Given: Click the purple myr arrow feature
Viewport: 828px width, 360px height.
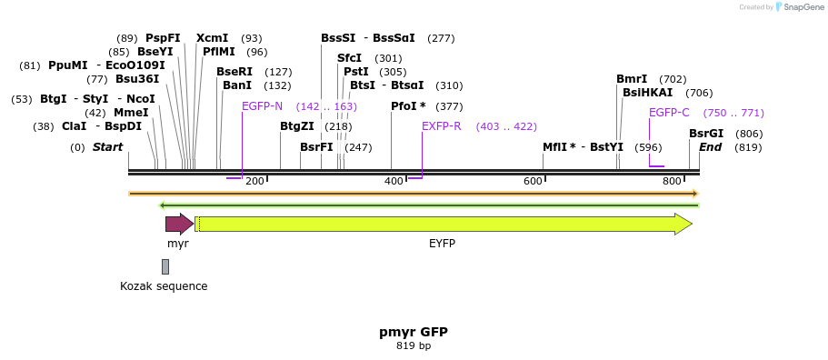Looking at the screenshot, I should point(178,224).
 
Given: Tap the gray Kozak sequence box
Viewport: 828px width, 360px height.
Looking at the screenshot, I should point(165,266).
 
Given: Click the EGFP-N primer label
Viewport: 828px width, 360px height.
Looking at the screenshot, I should point(262,106).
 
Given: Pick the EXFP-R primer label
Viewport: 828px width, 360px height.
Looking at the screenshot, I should point(441,126).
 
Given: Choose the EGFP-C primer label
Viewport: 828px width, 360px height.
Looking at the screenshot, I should point(669,113).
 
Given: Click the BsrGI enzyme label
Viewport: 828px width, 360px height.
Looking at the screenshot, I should point(706,134).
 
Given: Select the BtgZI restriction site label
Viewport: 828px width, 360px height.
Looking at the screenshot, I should point(296,126).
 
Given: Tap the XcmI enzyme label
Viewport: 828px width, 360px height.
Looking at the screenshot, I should point(213,38).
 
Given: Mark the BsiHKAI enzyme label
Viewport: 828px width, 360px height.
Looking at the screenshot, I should point(647,93).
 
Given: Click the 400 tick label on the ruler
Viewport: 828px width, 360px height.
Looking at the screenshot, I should point(394,182).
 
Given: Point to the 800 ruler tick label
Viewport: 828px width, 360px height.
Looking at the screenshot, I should point(672,182).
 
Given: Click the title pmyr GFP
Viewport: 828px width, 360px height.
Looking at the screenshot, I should point(413,332).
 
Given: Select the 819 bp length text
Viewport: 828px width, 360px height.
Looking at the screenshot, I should point(413,346).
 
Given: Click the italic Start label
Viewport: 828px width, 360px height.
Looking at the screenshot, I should point(107,147).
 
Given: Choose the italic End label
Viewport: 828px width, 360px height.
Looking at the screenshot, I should point(710,147).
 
